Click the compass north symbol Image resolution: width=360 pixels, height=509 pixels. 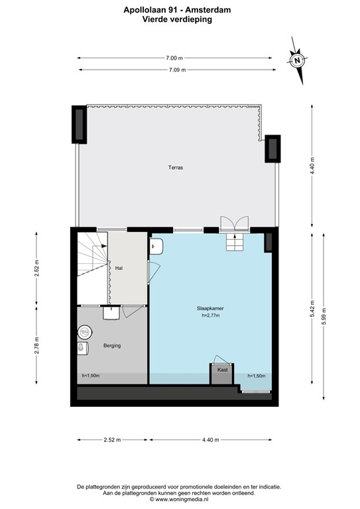[x=298, y=60]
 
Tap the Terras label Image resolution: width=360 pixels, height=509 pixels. [x=175, y=168]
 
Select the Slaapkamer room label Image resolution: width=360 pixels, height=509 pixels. [x=210, y=308]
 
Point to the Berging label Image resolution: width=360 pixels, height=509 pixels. [x=111, y=345]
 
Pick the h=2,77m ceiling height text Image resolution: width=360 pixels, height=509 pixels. [x=210, y=315]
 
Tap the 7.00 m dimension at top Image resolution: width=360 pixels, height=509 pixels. [x=175, y=58]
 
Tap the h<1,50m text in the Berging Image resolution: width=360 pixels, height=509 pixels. [x=91, y=376]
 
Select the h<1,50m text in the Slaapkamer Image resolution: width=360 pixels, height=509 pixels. [x=256, y=376]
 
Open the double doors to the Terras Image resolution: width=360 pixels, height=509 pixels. [x=235, y=225]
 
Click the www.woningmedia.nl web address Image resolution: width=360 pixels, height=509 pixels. [x=179, y=499]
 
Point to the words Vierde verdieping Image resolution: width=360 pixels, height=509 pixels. [x=180, y=19]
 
